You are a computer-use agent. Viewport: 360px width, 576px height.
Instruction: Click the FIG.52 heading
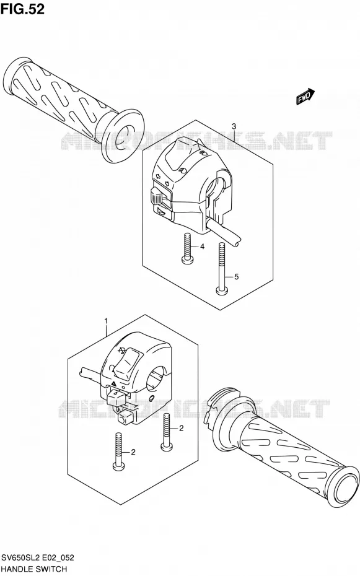[22, 9]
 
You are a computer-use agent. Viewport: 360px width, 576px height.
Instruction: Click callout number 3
[234, 126]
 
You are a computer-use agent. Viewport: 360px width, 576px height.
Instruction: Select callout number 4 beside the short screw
[202, 247]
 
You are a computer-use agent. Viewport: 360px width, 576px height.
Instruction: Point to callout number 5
[236, 277]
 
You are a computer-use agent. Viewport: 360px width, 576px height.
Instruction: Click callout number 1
[106, 321]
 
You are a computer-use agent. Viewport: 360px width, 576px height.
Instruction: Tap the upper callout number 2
[181, 429]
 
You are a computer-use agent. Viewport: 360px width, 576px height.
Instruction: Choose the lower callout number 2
[133, 452]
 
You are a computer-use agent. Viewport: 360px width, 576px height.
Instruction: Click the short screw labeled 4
[187, 249]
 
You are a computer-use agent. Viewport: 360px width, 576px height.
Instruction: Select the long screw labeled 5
[221, 268]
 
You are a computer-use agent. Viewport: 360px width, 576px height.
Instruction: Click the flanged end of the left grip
[121, 136]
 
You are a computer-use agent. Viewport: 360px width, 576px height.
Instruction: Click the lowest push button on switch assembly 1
[124, 416]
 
